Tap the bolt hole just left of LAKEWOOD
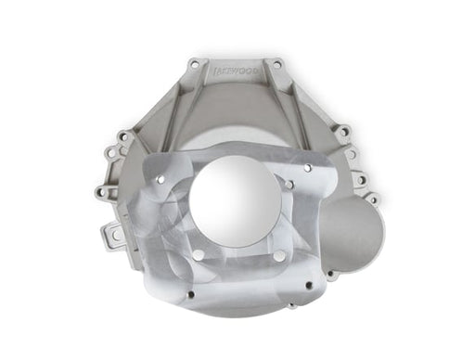[195, 64]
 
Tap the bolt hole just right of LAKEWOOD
[276, 64]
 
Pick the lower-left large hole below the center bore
[199, 254]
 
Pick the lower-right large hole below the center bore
[278, 255]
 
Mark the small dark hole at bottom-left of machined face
[189, 295]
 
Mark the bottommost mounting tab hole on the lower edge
[290, 304]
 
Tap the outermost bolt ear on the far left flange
[100, 194]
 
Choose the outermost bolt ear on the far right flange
[372, 198]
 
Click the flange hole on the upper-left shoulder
[124, 135]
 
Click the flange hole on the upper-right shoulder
[343, 131]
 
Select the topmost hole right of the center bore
[307, 168]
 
